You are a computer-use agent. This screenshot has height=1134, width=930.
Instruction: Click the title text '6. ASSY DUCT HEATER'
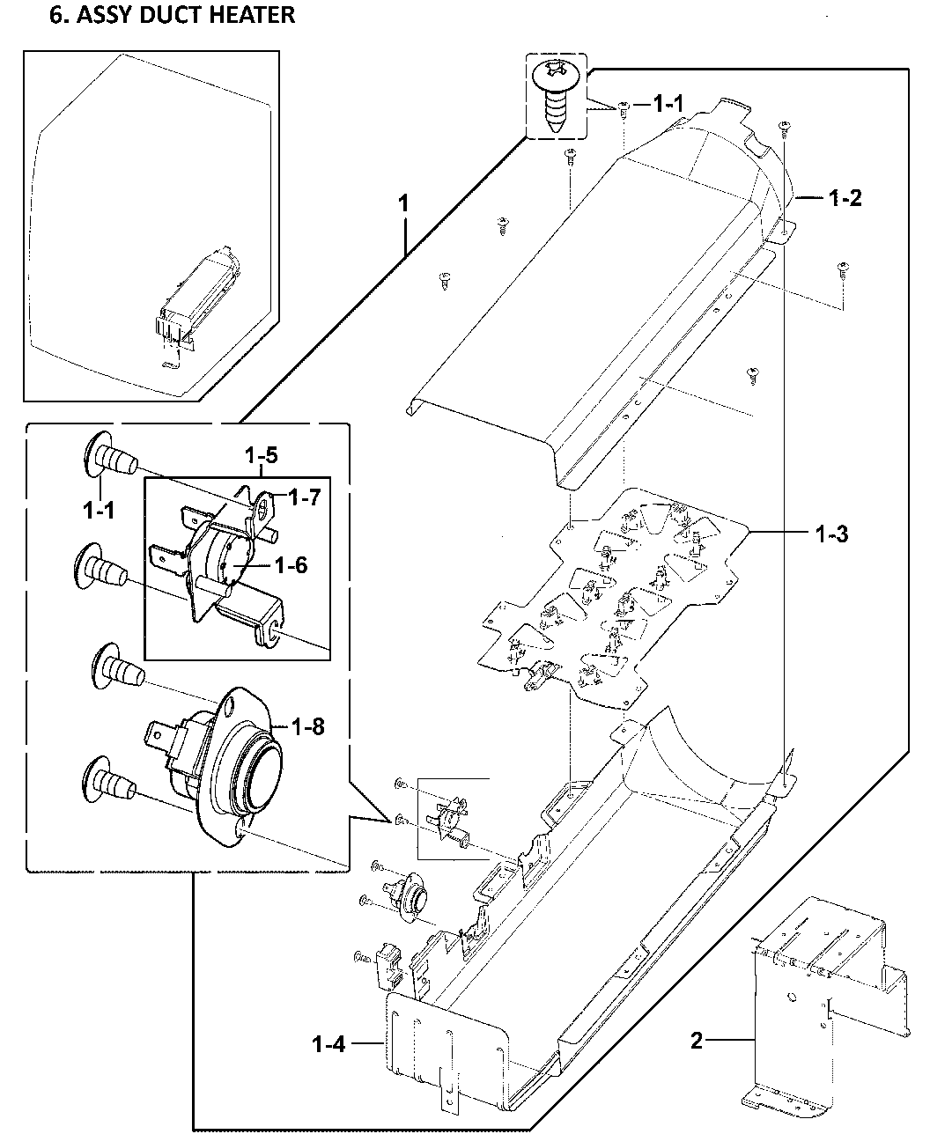(x=172, y=15)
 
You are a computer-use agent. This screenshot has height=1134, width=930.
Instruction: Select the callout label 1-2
(x=844, y=198)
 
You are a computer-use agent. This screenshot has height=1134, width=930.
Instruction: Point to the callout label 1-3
(x=830, y=534)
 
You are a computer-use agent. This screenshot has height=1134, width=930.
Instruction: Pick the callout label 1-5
(x=261, y=456)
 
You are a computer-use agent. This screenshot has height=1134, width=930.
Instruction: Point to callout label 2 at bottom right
(x=697, y=1042)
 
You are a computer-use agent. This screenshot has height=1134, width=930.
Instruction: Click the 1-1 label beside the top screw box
(x=668, y=104)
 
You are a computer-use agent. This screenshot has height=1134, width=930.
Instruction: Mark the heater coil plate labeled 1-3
(x=608, y=599)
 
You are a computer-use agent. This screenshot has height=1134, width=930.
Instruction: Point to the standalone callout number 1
(x=403, y=203)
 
